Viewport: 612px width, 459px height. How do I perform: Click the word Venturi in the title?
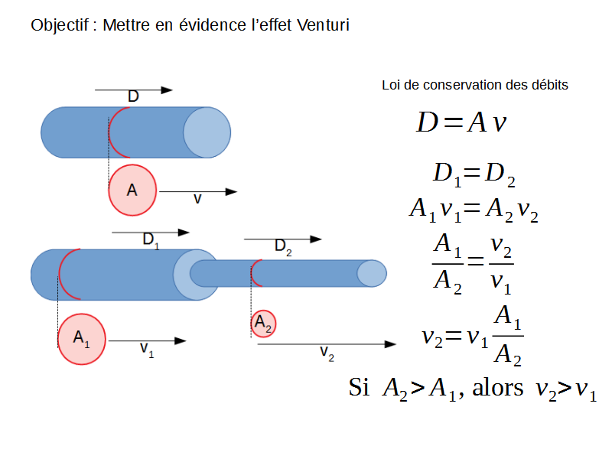point(322,25)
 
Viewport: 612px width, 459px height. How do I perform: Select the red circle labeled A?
point(132,190)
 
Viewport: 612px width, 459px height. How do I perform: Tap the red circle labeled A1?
point(82,337)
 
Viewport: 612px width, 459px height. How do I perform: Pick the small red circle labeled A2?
point(263,324)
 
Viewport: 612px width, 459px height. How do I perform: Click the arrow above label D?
point(133,90)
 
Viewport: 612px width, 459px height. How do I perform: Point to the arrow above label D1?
point(150,232)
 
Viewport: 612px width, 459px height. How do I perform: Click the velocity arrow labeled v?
point(198,191)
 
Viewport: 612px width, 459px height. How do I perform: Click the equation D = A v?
point(461,122)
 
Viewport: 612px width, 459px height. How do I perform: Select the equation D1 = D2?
point(474,174)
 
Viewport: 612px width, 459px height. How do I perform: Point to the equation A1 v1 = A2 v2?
point(474,209)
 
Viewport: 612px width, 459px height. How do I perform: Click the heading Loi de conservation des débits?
point(474,85)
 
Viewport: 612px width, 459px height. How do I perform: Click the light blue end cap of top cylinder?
point(207,132)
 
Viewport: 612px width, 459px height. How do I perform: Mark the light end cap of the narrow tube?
point(372,273)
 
